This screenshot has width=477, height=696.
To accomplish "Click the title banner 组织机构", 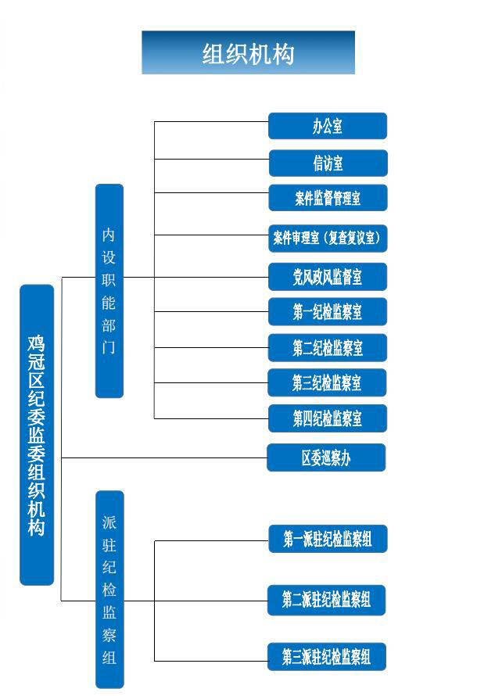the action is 248,52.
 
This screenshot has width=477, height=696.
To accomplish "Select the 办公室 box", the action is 328,126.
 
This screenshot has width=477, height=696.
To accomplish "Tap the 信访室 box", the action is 328,163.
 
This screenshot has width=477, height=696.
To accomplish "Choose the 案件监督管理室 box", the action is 328,198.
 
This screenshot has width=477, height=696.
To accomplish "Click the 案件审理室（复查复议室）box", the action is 328,239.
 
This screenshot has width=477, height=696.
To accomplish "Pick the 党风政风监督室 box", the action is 328,277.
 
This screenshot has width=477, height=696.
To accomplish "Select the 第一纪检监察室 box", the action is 328,311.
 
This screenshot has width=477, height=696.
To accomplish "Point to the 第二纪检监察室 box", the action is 328,347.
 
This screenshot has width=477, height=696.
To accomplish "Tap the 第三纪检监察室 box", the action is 327,382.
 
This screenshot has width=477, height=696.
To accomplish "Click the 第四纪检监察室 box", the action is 328,418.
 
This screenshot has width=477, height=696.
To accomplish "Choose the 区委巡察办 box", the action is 326,457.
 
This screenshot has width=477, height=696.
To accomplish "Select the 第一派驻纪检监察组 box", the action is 328,539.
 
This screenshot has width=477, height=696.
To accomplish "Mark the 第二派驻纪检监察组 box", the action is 326,600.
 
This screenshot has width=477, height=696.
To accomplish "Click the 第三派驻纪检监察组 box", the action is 327,656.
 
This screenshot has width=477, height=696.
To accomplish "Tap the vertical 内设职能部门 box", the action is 109,291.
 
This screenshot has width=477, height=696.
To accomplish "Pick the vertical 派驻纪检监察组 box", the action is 109,590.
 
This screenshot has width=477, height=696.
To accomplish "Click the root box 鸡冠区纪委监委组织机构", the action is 37,435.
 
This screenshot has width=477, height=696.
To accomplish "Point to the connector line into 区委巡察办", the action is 164,457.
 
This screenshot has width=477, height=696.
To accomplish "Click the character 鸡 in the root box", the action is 37,343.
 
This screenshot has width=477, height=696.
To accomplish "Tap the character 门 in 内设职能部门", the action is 109,347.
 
